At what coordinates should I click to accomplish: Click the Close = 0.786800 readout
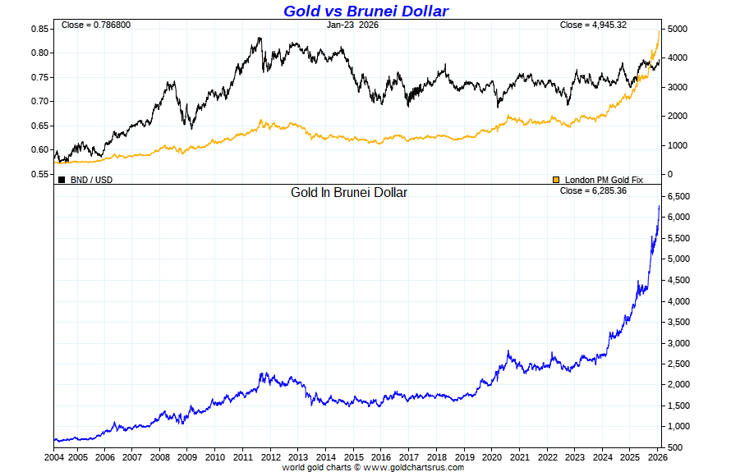(96, 25)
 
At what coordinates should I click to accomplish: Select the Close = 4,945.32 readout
(593, 25)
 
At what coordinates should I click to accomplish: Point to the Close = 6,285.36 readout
(593, 190)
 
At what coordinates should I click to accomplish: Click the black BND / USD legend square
(62, 179)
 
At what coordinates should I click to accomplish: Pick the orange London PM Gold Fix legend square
(556, 179)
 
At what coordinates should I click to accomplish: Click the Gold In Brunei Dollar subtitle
(349, 193)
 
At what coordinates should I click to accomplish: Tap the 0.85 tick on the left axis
(41, 29)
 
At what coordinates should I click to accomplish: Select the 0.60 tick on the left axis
(41, 150)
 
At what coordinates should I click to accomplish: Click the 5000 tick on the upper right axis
(677, 29)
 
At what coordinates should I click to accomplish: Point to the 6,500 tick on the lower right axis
(680, 196)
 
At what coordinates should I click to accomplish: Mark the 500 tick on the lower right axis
(675, 447)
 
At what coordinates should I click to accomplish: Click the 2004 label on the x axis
(54, 457)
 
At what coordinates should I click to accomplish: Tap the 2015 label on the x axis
(353, 457)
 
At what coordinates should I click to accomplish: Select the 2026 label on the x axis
(657, 457)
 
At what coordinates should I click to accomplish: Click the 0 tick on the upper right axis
(669, 174)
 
